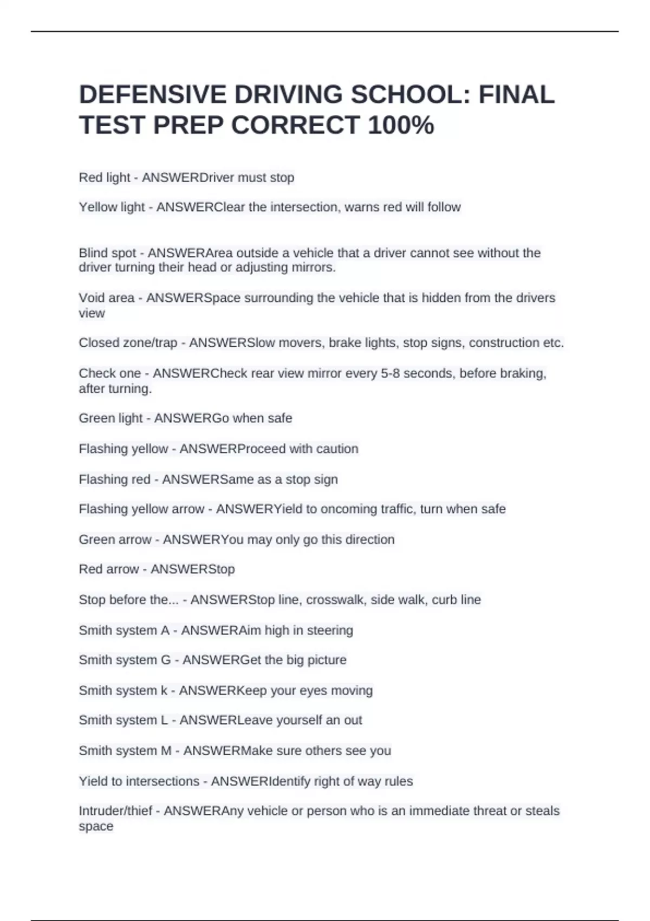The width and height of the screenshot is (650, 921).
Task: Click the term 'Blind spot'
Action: [107, 253]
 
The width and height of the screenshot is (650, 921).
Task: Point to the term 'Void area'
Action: [107, 298]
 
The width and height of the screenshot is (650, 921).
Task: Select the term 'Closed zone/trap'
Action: [128, 343]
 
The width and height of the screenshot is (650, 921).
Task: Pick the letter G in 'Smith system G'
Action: [166, 660]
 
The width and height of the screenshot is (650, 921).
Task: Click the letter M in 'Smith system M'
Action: [166, 751]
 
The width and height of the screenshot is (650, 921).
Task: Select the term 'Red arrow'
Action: [109, 569]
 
